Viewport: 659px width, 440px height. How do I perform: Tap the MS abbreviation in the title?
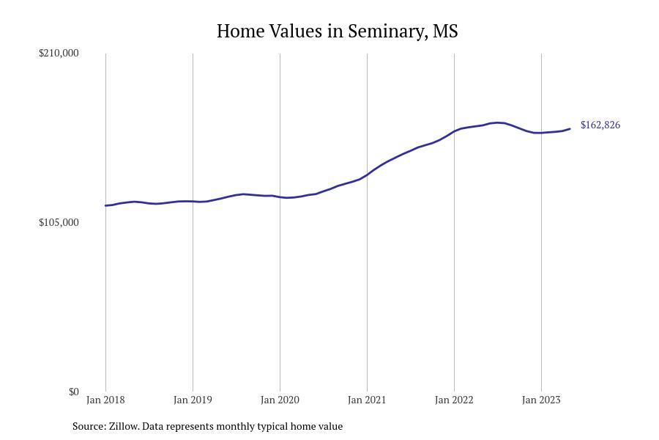pos(445,32)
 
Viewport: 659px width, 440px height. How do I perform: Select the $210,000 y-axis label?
pos(59,53)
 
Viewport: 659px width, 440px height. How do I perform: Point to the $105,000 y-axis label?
pos(59,222)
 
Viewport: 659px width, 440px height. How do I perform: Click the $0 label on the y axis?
pos(73,392)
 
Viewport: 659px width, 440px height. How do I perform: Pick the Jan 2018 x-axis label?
pos(105,400)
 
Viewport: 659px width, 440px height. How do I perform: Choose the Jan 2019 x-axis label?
pos(193,400)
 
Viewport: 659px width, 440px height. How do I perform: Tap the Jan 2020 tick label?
pos(280,400)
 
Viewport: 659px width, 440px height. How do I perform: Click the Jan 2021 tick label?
pos(367,400)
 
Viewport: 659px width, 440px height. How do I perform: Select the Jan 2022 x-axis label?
pos(454,400)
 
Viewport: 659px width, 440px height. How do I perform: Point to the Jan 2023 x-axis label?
pos(541,400)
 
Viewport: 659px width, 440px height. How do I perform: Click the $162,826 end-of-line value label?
pos(600,125)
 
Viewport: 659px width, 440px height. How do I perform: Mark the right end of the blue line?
pos(570,129)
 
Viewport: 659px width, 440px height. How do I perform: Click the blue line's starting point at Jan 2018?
pos(105,205)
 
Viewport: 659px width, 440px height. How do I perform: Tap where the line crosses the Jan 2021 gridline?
pos(367,175)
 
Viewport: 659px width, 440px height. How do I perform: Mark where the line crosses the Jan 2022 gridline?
pos(454,131)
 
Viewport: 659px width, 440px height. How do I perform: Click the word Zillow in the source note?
pos(123,426)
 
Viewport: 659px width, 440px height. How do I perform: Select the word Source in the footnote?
pos(88,426)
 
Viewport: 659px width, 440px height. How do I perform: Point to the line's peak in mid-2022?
pos(498,122)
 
